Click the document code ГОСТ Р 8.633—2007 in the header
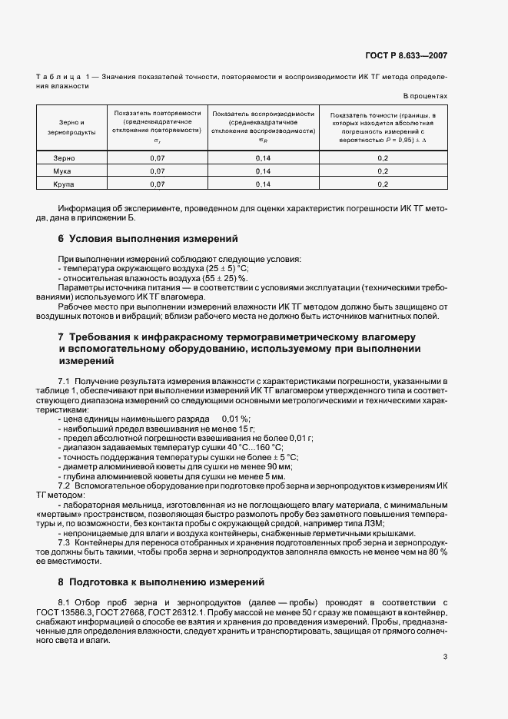pyautogui.click(x=407, y=56)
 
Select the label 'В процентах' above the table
pyautogui.click(x=425, y=96)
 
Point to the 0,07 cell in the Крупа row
pyautogui.click(x=158, y=185)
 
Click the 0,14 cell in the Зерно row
pyautogui.click(x=264, y=157)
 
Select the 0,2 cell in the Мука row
pyautogui.click(x=383, y=171)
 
